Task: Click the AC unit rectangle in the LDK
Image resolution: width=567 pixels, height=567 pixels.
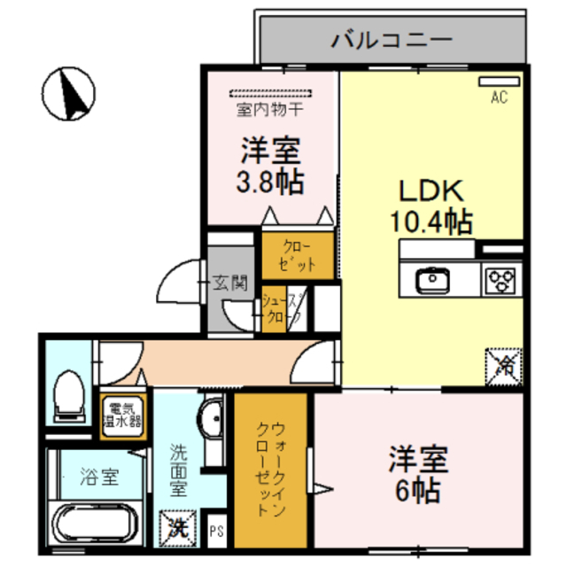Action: (x=500, y=82)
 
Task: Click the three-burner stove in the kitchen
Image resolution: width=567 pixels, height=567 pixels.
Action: (x=500, y=282)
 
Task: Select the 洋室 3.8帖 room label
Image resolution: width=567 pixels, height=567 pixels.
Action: (x=270, y=166)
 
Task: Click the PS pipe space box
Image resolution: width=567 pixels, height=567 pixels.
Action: (x=217, y=532)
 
